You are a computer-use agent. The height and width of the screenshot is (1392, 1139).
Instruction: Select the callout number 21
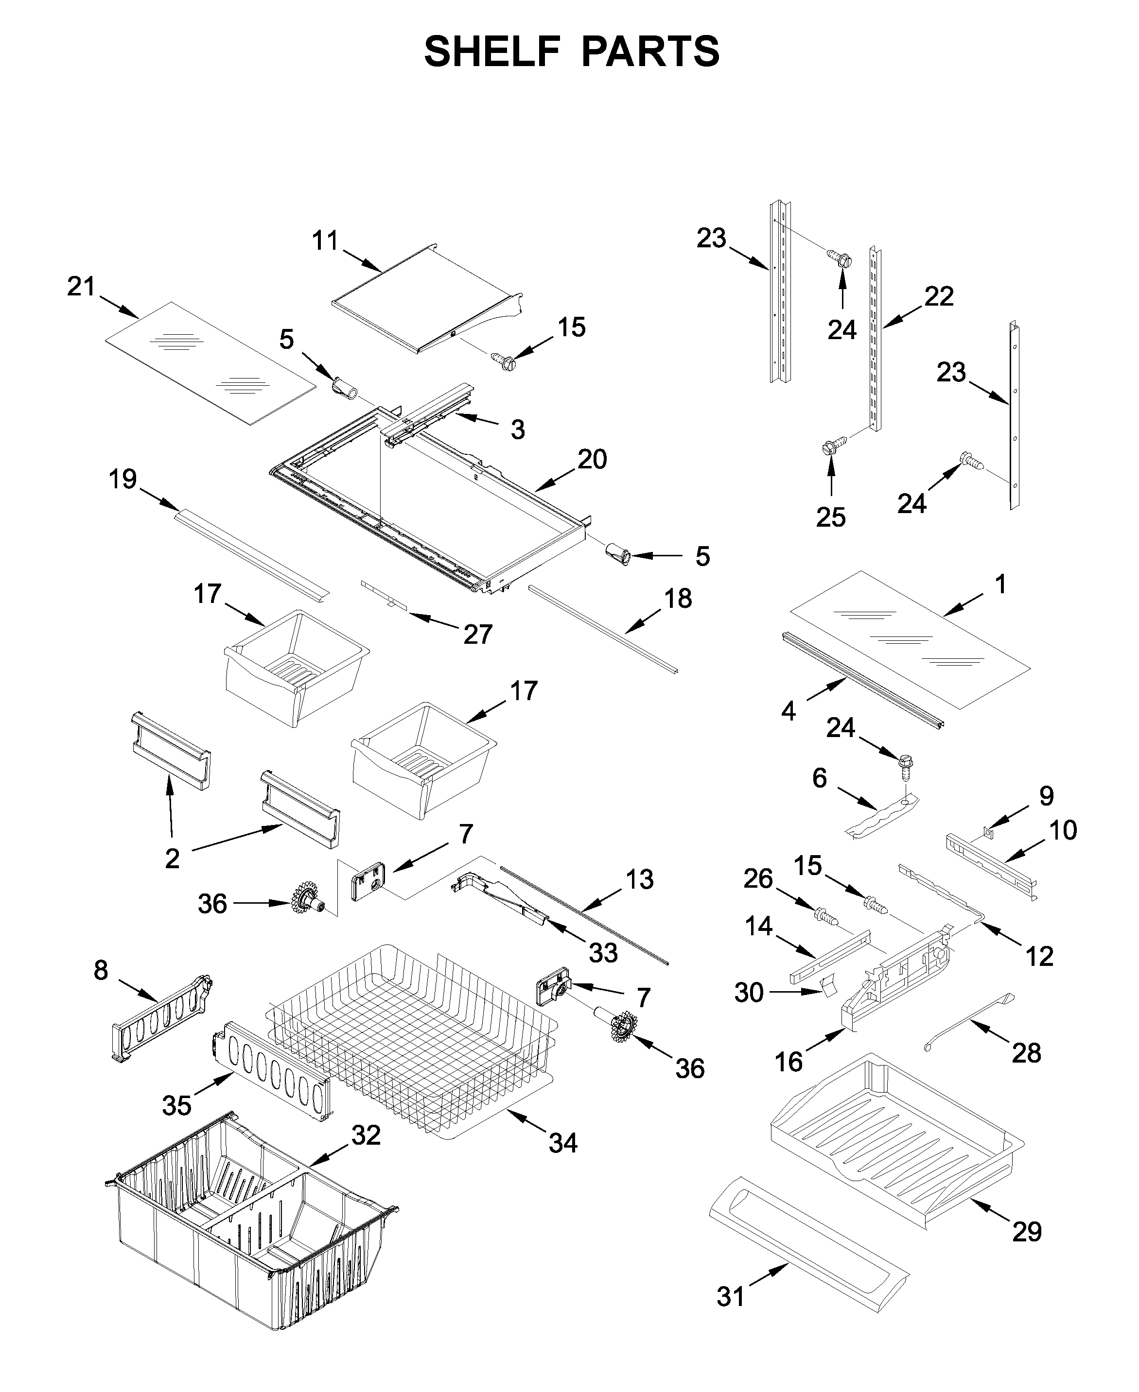pos(81,287)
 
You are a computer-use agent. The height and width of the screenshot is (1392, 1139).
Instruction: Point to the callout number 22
pos(938,296)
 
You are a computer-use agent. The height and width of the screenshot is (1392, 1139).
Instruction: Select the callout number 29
pos(1027,1232)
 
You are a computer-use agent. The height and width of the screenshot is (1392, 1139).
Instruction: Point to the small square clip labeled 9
pos(987,832)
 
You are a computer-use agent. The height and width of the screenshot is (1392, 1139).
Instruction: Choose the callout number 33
pos(603,953)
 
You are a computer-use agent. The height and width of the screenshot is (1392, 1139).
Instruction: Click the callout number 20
pos(592,459)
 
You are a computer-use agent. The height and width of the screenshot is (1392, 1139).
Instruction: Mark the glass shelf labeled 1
pos(912,639)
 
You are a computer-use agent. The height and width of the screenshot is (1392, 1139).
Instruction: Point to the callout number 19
pos(123,479)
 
